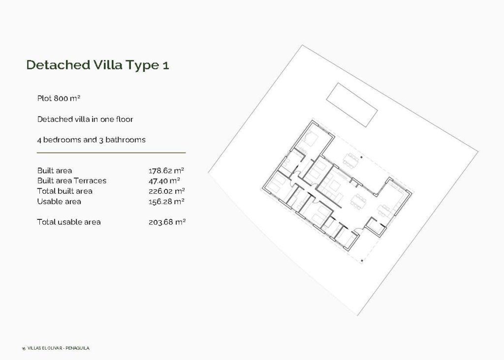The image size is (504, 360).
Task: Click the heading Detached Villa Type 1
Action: click(x=97, y=65)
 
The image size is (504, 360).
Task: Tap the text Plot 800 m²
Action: click(x=59, y=98)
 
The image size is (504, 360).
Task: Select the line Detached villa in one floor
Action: click(x=85, y=119)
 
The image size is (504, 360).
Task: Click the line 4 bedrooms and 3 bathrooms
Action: click(x=91, y=140)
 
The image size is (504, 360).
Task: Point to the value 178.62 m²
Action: click(x=166, y=171)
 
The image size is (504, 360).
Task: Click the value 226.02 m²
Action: click(x=166, y=191)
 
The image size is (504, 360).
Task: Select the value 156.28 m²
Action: click(x=166, y=201)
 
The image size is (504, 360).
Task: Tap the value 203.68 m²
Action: click(x=167, y=222)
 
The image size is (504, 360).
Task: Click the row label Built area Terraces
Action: click(x=71, y=180)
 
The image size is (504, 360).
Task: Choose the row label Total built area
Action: click(x=64, y=191)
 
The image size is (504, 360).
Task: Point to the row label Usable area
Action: click(x=59, y=201)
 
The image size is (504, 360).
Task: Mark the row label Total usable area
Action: click(x=69, y=222)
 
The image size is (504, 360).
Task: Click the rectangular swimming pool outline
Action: click(x=352, y=105)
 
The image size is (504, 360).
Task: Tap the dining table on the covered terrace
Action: click(x=351, y=159)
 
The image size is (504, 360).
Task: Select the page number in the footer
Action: click(x=23, y=348)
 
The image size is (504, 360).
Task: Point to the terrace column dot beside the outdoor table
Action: click(x=362, y=157)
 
